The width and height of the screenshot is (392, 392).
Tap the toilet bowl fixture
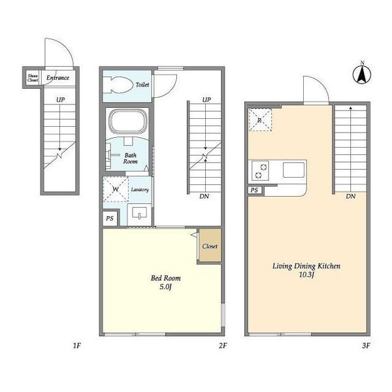[x=118, y=85]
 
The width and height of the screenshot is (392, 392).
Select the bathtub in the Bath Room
[x=128, y=122]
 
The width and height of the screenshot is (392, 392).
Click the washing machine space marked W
[x=116, y=189]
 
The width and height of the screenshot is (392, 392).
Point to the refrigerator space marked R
[x=260, y=120]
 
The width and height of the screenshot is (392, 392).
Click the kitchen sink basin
[x=294, y=170]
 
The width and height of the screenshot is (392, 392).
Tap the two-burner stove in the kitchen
[x=260, y=171]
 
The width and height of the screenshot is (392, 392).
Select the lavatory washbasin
[x=139, y=214]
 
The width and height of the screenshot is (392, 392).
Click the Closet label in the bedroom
[x=210, y=246]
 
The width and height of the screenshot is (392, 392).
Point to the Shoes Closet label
[x=33, y=78]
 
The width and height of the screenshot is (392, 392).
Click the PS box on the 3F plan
[x=255, y=190]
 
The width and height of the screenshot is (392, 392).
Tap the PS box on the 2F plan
[x=110, y=218]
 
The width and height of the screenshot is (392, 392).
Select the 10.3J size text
[x=306, y=275]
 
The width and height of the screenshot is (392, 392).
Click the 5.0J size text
[x=165, y=287]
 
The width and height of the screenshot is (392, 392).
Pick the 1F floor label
[x=76, y=346]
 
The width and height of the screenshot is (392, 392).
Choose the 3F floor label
[x=366, y=346]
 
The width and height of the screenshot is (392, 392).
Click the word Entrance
[x=57, y=78]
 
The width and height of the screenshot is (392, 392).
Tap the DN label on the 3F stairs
[x=350, y=197]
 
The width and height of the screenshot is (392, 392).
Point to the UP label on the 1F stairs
[x=60, y=100]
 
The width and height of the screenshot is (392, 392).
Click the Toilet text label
[x=142, y=85]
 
